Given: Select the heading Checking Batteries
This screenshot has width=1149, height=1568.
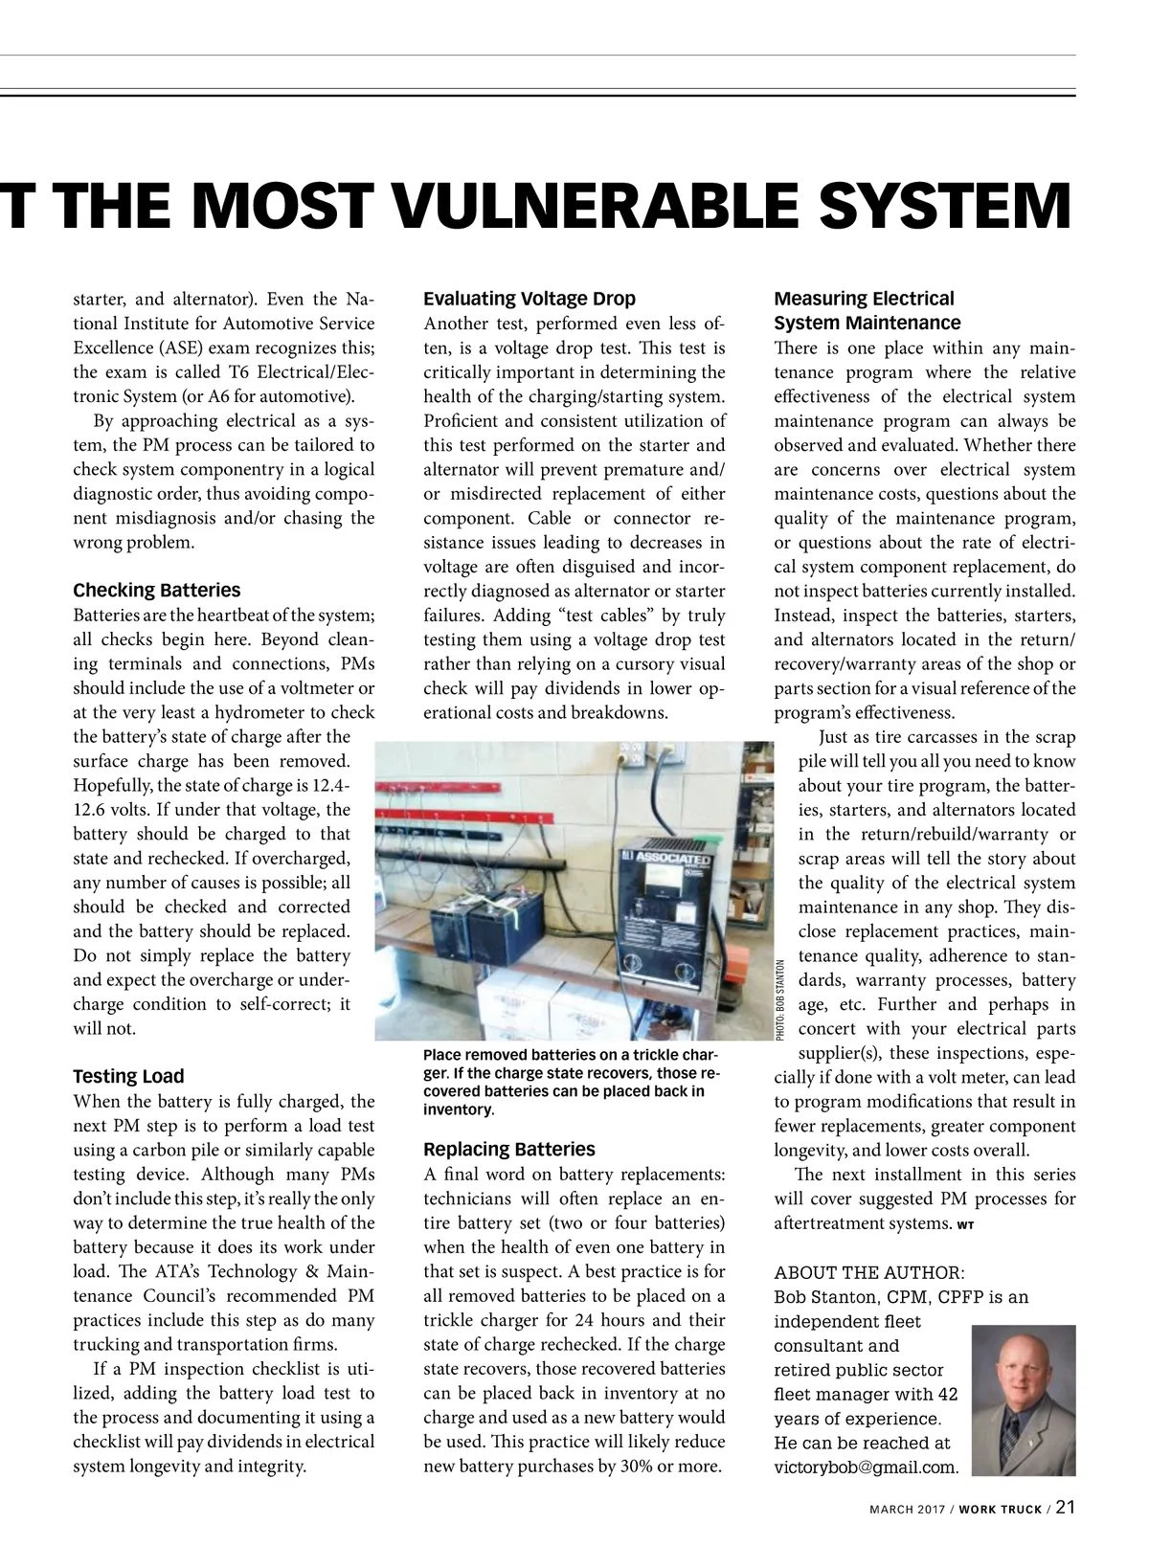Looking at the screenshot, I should pyautogui.click(x=157, y=590).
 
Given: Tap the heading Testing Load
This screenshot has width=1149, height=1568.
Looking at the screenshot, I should pyautogui.click(x=128, y=1076).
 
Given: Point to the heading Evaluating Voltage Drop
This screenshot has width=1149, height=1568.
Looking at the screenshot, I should pyautogui.click(x=529, y=299).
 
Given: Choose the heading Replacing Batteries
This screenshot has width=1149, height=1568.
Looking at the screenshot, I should pyautogui.click(x=509, y=1149).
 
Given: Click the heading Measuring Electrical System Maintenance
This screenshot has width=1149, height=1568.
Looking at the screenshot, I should pyautogui.click(x=867, y=311).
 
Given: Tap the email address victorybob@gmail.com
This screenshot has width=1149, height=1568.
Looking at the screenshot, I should pyautogui.click(x=866, y=1467).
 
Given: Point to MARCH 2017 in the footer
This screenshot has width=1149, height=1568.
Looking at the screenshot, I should pyautogui.click(x=906, y=1510).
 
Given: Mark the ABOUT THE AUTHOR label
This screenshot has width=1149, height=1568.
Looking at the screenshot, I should pyautogui.click(x=869, y=1272).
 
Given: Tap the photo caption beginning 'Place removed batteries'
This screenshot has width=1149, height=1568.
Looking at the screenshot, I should pyautogui.click(x=571, y=1082).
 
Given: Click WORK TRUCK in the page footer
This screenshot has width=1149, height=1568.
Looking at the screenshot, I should pyautogui.click(x=1001, y=1510).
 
